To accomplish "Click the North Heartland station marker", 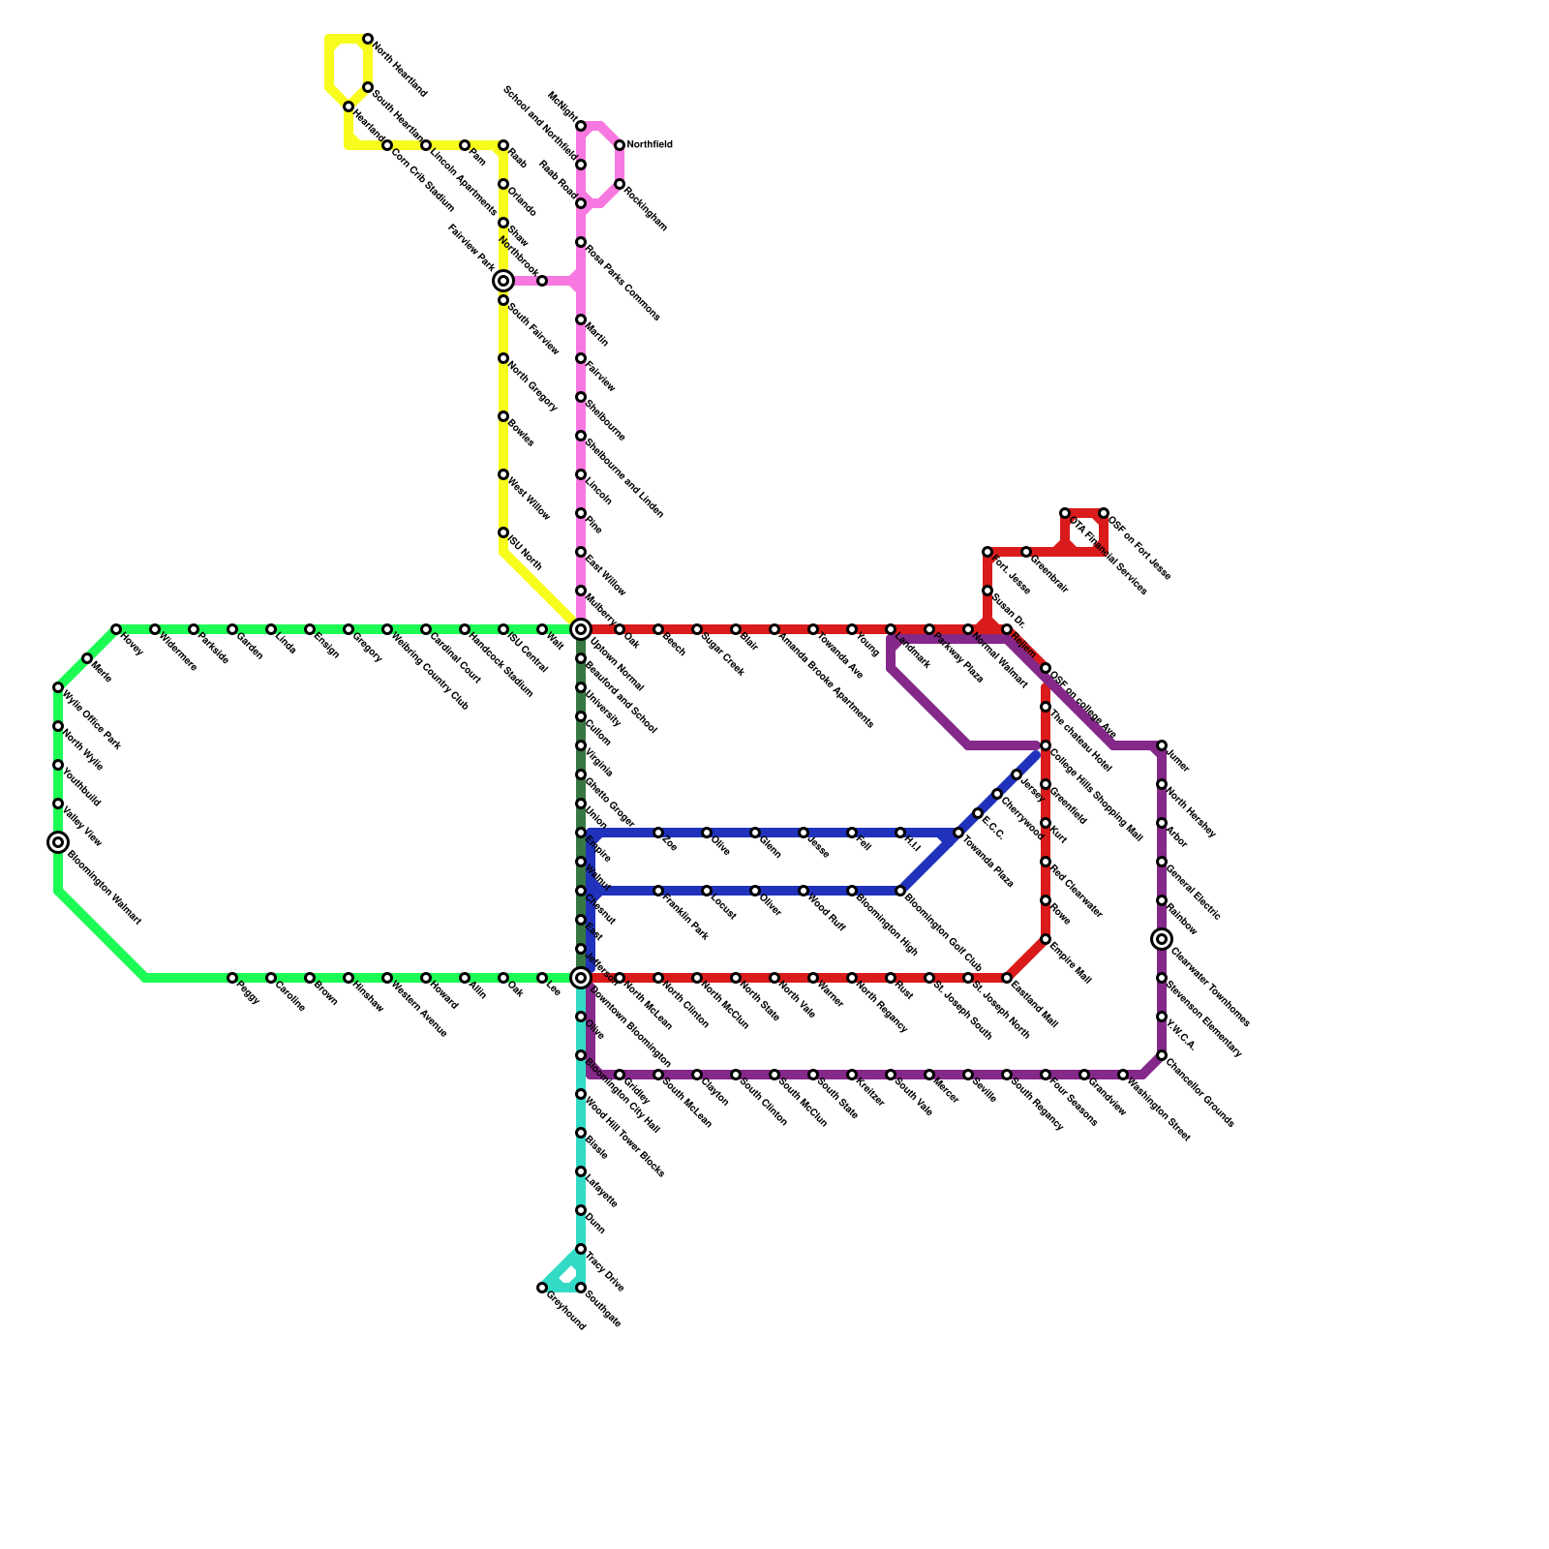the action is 368,39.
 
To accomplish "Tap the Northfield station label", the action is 649,145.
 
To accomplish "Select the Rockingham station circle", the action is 620,184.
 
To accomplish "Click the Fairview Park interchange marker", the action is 503,281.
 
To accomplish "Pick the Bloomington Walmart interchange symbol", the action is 58,842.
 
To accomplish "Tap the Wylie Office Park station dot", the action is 58,687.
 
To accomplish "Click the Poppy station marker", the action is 232,978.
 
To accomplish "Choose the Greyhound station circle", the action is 542,1288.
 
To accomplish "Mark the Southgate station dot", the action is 581,1288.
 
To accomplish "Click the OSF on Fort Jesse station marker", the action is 1104,513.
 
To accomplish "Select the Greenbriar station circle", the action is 1026,552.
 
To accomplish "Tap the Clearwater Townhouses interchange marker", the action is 1162,939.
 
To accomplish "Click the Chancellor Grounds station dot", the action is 1162,1055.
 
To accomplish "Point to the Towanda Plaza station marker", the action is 958,833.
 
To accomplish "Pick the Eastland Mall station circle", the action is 1007,978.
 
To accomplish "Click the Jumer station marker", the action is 1162,745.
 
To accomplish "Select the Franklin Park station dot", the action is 658,891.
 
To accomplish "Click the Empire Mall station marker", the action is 1046,939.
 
